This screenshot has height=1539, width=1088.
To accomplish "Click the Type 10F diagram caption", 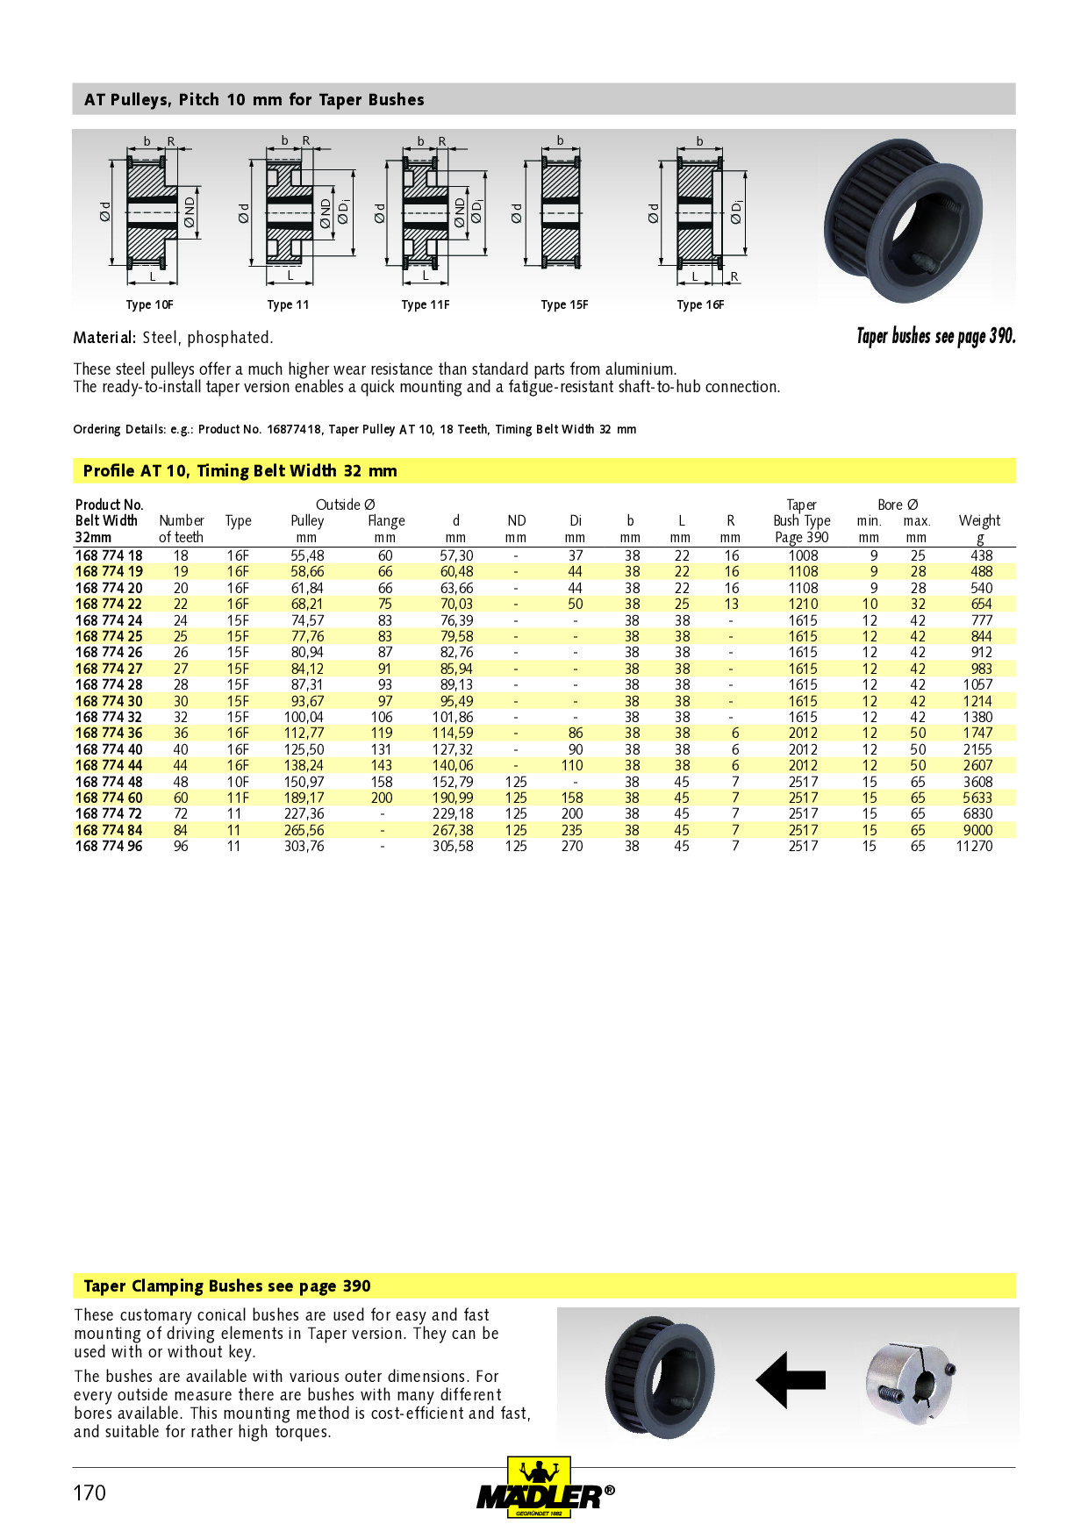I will (149, 305).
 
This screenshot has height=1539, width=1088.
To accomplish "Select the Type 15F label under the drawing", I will (564, 305).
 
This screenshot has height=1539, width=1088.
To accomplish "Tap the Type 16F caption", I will (700, 305).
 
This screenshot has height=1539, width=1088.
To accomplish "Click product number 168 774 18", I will (109, 555).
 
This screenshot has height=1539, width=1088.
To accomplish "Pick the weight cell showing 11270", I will (974, 847).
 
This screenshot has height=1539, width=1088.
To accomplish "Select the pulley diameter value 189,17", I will (304, 798).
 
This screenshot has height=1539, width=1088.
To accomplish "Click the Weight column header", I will (979, 521).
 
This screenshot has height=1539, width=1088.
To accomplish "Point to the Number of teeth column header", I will (181, 529).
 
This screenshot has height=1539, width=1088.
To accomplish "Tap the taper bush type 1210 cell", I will (803, 605).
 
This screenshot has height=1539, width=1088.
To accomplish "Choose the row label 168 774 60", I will (109, 798).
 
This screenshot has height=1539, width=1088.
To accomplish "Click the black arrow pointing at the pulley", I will (791, 1380).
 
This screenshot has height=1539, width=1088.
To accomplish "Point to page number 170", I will (89, 1493).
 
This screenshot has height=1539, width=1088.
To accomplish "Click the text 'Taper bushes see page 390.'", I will (935, 336).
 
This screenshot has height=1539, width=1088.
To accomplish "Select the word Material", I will (104, 338).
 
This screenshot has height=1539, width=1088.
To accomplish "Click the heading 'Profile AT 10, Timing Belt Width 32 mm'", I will (240, 471).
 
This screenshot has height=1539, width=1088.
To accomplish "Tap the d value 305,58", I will (453, 847).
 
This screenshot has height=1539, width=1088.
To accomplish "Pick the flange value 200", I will (382, 798).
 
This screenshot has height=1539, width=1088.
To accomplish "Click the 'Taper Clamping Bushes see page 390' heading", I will (226, 1286).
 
